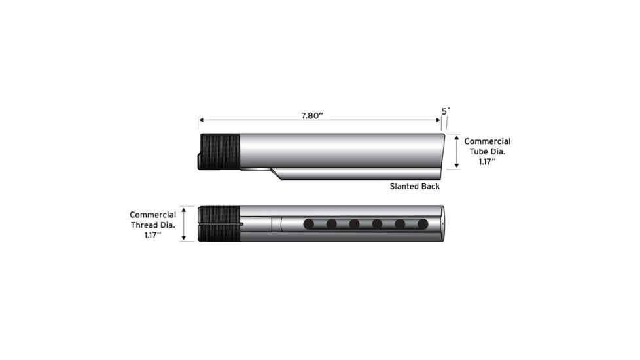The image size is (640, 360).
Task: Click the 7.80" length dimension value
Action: [x=312, y=115]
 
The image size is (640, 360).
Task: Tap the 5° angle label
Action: [x=446, y=111]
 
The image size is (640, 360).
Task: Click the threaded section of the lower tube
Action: [x=220, y=223]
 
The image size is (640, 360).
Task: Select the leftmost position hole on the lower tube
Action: [x=309, y=224]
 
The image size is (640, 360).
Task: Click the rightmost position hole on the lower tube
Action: [x=423, y=224]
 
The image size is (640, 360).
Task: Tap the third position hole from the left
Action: [x=354, y=224]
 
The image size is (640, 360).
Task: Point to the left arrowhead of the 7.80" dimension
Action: [x=201, y=120]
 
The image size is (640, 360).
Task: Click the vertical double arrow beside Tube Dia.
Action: [x=456, y=152]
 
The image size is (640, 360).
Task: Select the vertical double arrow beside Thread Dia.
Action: [x=185, y=224]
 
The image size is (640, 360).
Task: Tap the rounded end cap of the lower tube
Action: [x=442, y=223]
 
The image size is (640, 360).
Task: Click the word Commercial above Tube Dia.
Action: [x=488, y=141]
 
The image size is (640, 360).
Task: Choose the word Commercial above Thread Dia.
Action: [x=152, y=215]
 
